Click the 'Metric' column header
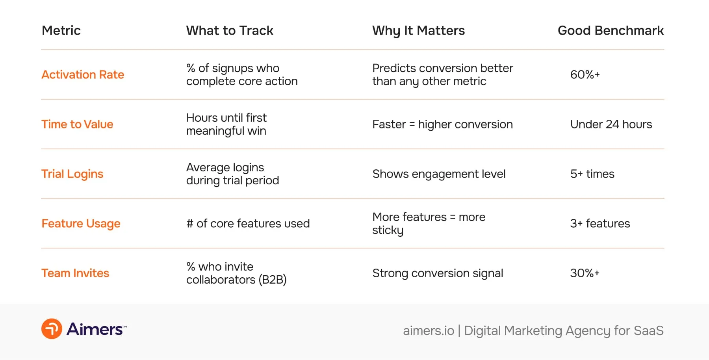(x=61, y=30)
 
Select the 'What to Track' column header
(x=230, y=30)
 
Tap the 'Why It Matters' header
(x=418, y=31)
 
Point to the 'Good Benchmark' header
(x=611, y=30)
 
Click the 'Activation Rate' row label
(x=83, y=74)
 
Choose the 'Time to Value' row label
(x=77, y=124)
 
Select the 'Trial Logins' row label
(x=72, y=174)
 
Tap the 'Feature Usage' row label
(x=81, y=223)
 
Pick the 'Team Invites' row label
(x=75, y=273)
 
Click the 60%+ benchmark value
(x=585, y=74)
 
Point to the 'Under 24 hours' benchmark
(x=611, y=124)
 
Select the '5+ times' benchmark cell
(x=592, y=174)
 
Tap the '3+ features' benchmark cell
(x=600, y=223)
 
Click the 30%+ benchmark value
(x=585, y=273)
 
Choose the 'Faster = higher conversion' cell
(x=442, y=124)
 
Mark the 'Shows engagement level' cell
(x=439, y=174)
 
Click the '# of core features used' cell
(x=248, y=223)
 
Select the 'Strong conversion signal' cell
(x=438, y=273)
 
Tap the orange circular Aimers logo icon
(x=52, y=329)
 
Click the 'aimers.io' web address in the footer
(x=428, y=330)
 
